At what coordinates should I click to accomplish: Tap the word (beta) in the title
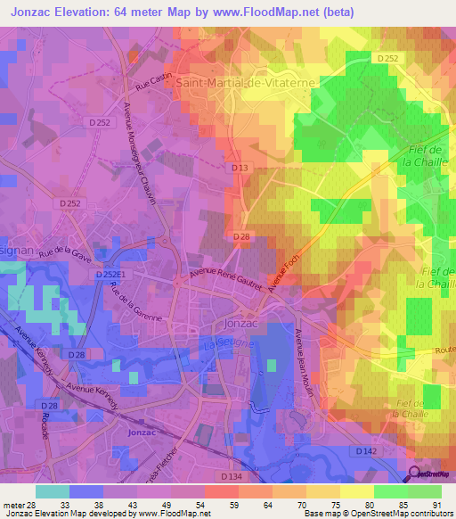click(x=327, y=12)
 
